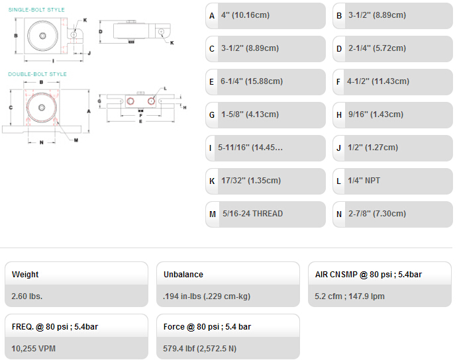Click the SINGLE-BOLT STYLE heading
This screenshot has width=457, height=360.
36,10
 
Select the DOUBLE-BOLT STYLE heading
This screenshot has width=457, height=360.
37,74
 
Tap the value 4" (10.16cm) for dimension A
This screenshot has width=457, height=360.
245,15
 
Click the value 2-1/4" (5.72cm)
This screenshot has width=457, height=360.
377,48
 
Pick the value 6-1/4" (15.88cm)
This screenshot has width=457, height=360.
252,81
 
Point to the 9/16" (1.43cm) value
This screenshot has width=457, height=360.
376,114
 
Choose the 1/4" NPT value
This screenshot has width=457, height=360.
364,181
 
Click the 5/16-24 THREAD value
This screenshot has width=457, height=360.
252,214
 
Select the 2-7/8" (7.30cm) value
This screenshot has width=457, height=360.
377,214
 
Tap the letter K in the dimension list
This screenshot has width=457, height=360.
212,181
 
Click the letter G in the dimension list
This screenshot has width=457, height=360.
212,114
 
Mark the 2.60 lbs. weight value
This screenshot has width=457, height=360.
26,296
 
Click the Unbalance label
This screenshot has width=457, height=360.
183,275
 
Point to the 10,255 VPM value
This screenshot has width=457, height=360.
33,348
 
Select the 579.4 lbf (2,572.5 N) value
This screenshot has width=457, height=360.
199,348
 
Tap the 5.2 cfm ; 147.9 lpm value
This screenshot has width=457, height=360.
350,296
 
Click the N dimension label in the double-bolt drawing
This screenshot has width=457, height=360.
41,142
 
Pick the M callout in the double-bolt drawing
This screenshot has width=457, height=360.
76,140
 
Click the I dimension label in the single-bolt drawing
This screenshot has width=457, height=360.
53,61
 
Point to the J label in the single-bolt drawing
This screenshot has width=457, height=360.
89,53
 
